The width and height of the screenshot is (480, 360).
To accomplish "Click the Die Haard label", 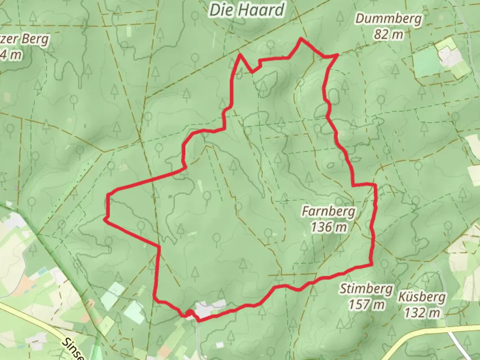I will point(247,10).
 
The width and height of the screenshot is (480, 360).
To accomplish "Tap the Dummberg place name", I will point(388,19).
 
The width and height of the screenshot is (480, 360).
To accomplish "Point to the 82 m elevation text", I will point(389,34).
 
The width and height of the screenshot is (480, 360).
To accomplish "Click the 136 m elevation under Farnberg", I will point(329,227).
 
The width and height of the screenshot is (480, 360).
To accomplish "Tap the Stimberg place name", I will point(366,289).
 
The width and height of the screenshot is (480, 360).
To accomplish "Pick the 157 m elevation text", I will point(367,304).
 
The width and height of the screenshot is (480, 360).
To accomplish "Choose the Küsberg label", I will point(422,297).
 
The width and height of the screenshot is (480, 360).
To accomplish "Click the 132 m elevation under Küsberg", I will point(422,313).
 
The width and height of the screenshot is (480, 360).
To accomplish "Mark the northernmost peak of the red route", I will point(301,39).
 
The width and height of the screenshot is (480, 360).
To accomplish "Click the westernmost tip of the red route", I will point(105,219).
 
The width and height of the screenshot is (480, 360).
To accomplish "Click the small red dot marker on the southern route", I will point(189,313).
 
